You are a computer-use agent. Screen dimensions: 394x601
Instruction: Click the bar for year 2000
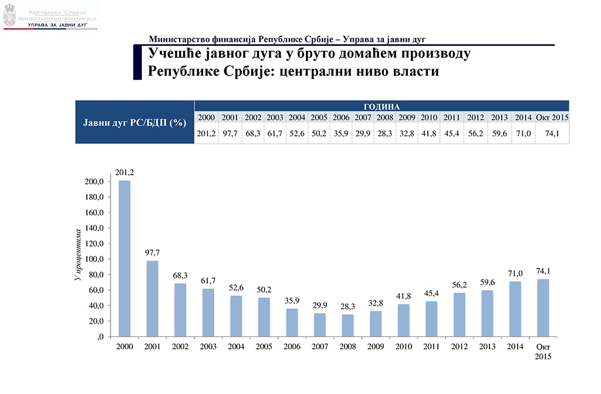pos(124,258)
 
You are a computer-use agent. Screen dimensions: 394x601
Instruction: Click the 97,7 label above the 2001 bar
pos(152,253)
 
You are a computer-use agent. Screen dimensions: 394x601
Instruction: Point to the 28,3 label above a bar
pos(347,306)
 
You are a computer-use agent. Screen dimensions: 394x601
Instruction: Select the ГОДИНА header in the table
pos(381,107)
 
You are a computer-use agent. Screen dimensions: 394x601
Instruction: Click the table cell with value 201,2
pos(207,134)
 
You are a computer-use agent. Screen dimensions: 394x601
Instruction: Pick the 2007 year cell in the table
pos(363,118)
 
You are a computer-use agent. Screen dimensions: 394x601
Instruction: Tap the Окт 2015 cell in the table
pos(552,118)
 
